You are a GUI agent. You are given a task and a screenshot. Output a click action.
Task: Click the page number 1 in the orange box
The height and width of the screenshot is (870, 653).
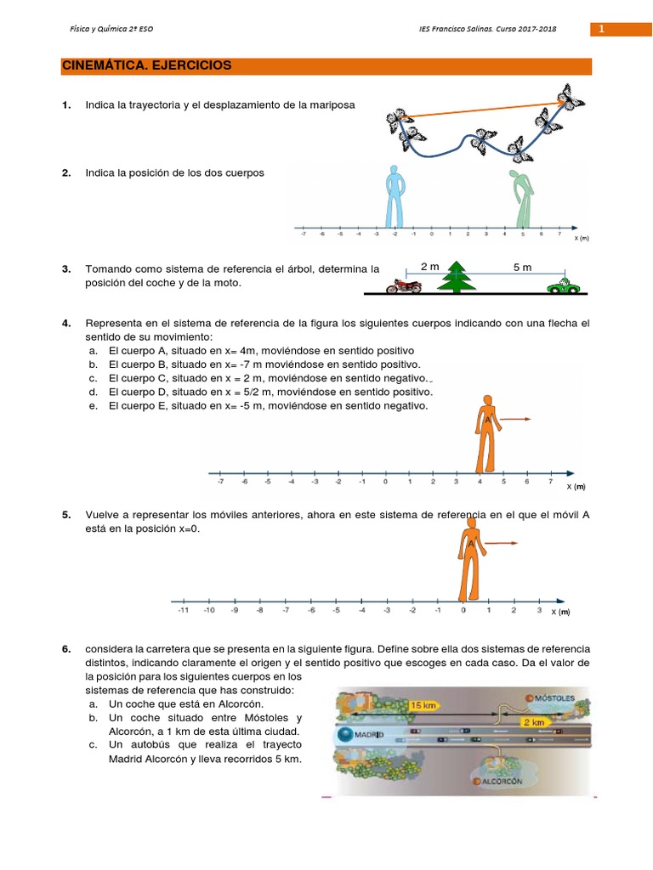coord(601,30)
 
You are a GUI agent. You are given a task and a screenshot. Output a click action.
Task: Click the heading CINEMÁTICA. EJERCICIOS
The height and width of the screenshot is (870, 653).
coord(146,65)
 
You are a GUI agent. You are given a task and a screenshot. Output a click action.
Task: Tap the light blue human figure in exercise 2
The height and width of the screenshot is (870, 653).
coord(395,195)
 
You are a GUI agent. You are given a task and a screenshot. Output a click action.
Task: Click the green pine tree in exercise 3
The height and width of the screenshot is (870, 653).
coord(457,277)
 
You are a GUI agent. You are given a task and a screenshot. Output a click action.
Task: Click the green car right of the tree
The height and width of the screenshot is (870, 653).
coord(562,285)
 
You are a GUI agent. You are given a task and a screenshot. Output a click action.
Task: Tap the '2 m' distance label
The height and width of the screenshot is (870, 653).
coord(430,267)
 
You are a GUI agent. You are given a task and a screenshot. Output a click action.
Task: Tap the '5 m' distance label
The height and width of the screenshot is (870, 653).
coord(522,267)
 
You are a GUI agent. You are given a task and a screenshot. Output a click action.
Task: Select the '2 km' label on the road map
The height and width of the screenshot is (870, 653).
coord(534,721)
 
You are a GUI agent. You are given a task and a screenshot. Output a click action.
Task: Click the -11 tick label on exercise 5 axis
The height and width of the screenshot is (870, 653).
coord(183,610)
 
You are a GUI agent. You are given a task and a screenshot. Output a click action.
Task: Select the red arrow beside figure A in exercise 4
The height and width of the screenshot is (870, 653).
coord(515,419)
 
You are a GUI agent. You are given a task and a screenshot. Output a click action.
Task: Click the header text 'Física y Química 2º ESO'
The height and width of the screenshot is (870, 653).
coord(111,30)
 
